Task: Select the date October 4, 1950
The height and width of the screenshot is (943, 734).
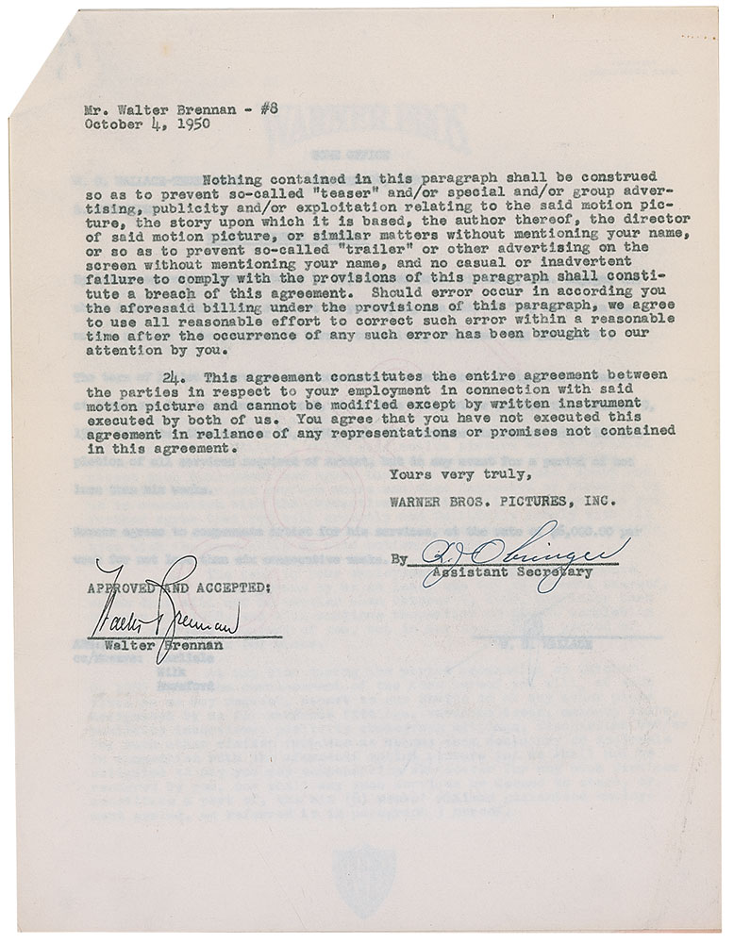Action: click(147, 123)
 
